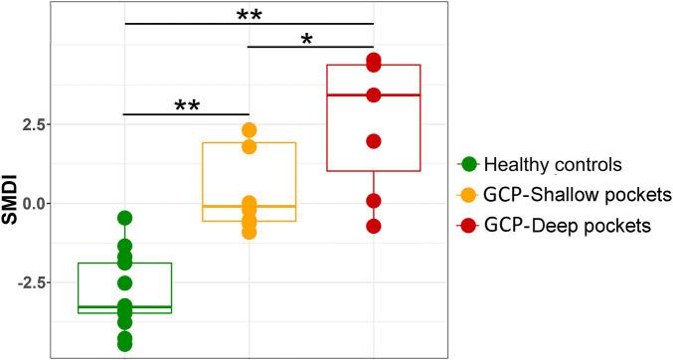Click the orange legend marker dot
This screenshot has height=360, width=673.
coord(467,195)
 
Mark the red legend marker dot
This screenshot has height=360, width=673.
coord(467,226)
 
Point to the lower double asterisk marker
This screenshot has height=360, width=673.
coord(186,106)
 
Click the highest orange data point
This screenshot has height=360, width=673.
coord(249,130)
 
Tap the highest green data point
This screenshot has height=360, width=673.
coord(125,218)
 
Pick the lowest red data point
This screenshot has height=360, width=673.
coord(374,226)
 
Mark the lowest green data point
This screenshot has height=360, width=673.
coord(125,344)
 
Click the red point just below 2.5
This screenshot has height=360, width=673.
coord(374,141)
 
